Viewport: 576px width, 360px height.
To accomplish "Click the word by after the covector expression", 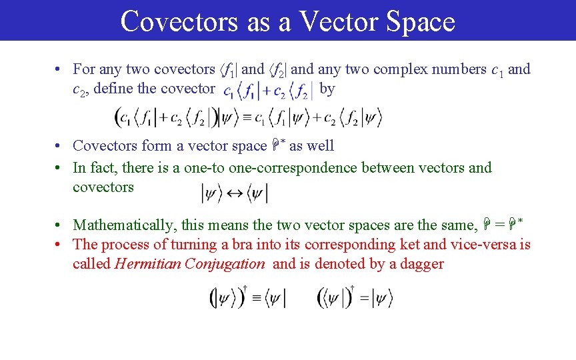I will [x=327, y=89].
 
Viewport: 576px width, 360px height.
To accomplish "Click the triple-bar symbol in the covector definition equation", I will [x=247, y=118].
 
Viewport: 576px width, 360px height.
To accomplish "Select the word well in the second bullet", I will [x=321, y=146].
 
